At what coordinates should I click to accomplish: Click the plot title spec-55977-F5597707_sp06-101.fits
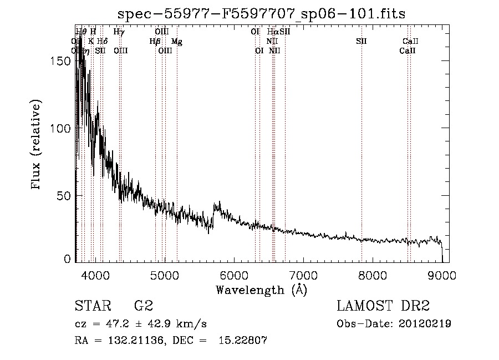point(262,14)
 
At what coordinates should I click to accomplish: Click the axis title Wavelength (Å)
point(261,290)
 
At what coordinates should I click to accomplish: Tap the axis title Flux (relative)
point(37,145)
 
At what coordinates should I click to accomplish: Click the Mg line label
point(176,42)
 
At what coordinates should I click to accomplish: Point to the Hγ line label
point(119,32)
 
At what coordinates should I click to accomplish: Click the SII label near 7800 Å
point(361,42)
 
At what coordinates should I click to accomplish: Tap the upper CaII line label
point(410,42)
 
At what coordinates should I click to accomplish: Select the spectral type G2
point(143,306)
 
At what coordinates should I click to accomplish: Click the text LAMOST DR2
point(383,306)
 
